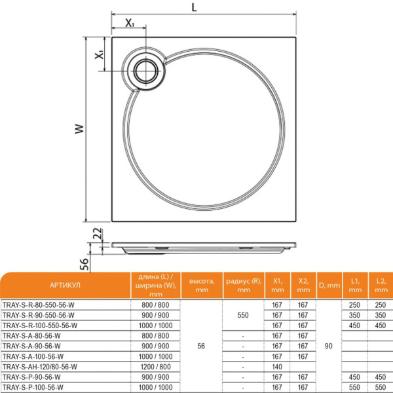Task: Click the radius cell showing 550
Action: tap(243, 315)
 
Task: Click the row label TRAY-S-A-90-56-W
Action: tap(34, 346)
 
